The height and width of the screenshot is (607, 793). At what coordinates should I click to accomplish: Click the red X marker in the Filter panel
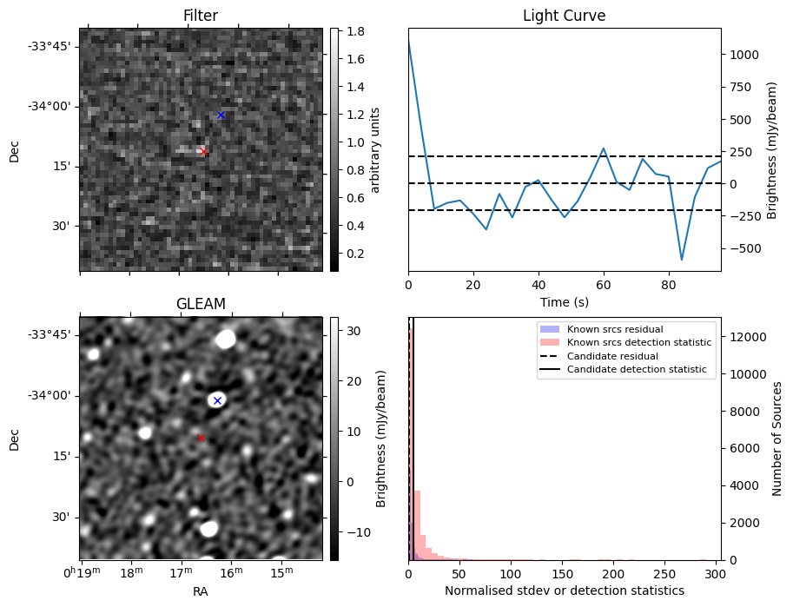coord(203,151)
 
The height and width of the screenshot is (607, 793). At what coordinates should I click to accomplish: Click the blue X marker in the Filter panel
coord(221,115)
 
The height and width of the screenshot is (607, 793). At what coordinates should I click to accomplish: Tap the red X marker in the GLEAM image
coord(201,439)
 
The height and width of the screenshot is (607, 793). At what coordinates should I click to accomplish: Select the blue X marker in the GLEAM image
coord(217,400)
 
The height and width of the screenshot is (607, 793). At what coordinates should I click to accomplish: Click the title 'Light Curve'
coord(564,16)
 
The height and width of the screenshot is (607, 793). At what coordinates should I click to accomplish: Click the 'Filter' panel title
coord(201,16)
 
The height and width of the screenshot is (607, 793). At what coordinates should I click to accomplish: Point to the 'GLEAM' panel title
coord(201,304)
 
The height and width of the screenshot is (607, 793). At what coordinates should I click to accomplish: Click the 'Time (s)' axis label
coord(564,301)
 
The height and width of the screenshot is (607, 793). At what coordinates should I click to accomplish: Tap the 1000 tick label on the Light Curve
coord(746,54)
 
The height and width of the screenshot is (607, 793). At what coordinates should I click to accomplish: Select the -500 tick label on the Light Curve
coord(746,248)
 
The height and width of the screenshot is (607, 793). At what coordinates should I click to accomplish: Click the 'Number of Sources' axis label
coord(778,439)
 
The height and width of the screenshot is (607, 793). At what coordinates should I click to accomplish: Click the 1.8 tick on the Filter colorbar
coord(352,32)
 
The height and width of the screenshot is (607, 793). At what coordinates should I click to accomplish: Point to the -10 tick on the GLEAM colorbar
coord(354,531)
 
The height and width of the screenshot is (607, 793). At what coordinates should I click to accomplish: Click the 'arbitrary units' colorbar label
coord(375,149)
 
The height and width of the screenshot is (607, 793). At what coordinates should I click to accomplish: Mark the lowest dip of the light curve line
coord(682,260)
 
